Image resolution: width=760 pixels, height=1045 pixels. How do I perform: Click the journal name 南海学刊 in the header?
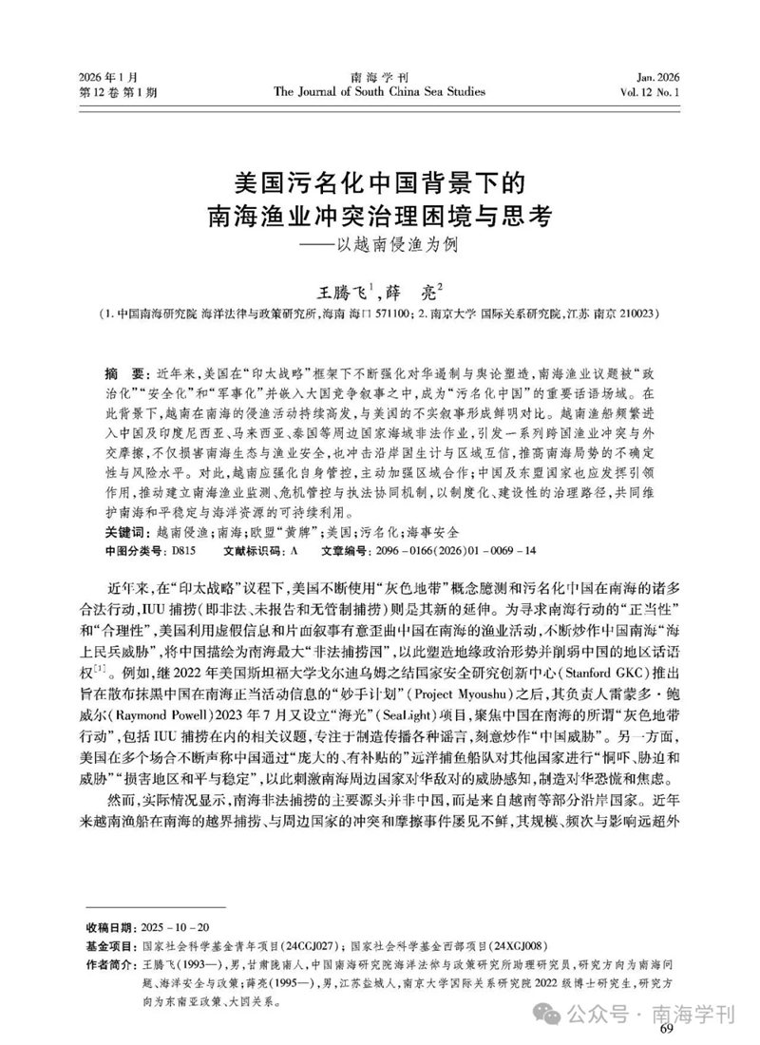[x=379, y=77]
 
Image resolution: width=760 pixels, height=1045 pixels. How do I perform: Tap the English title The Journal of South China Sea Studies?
[x=379, y=92]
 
